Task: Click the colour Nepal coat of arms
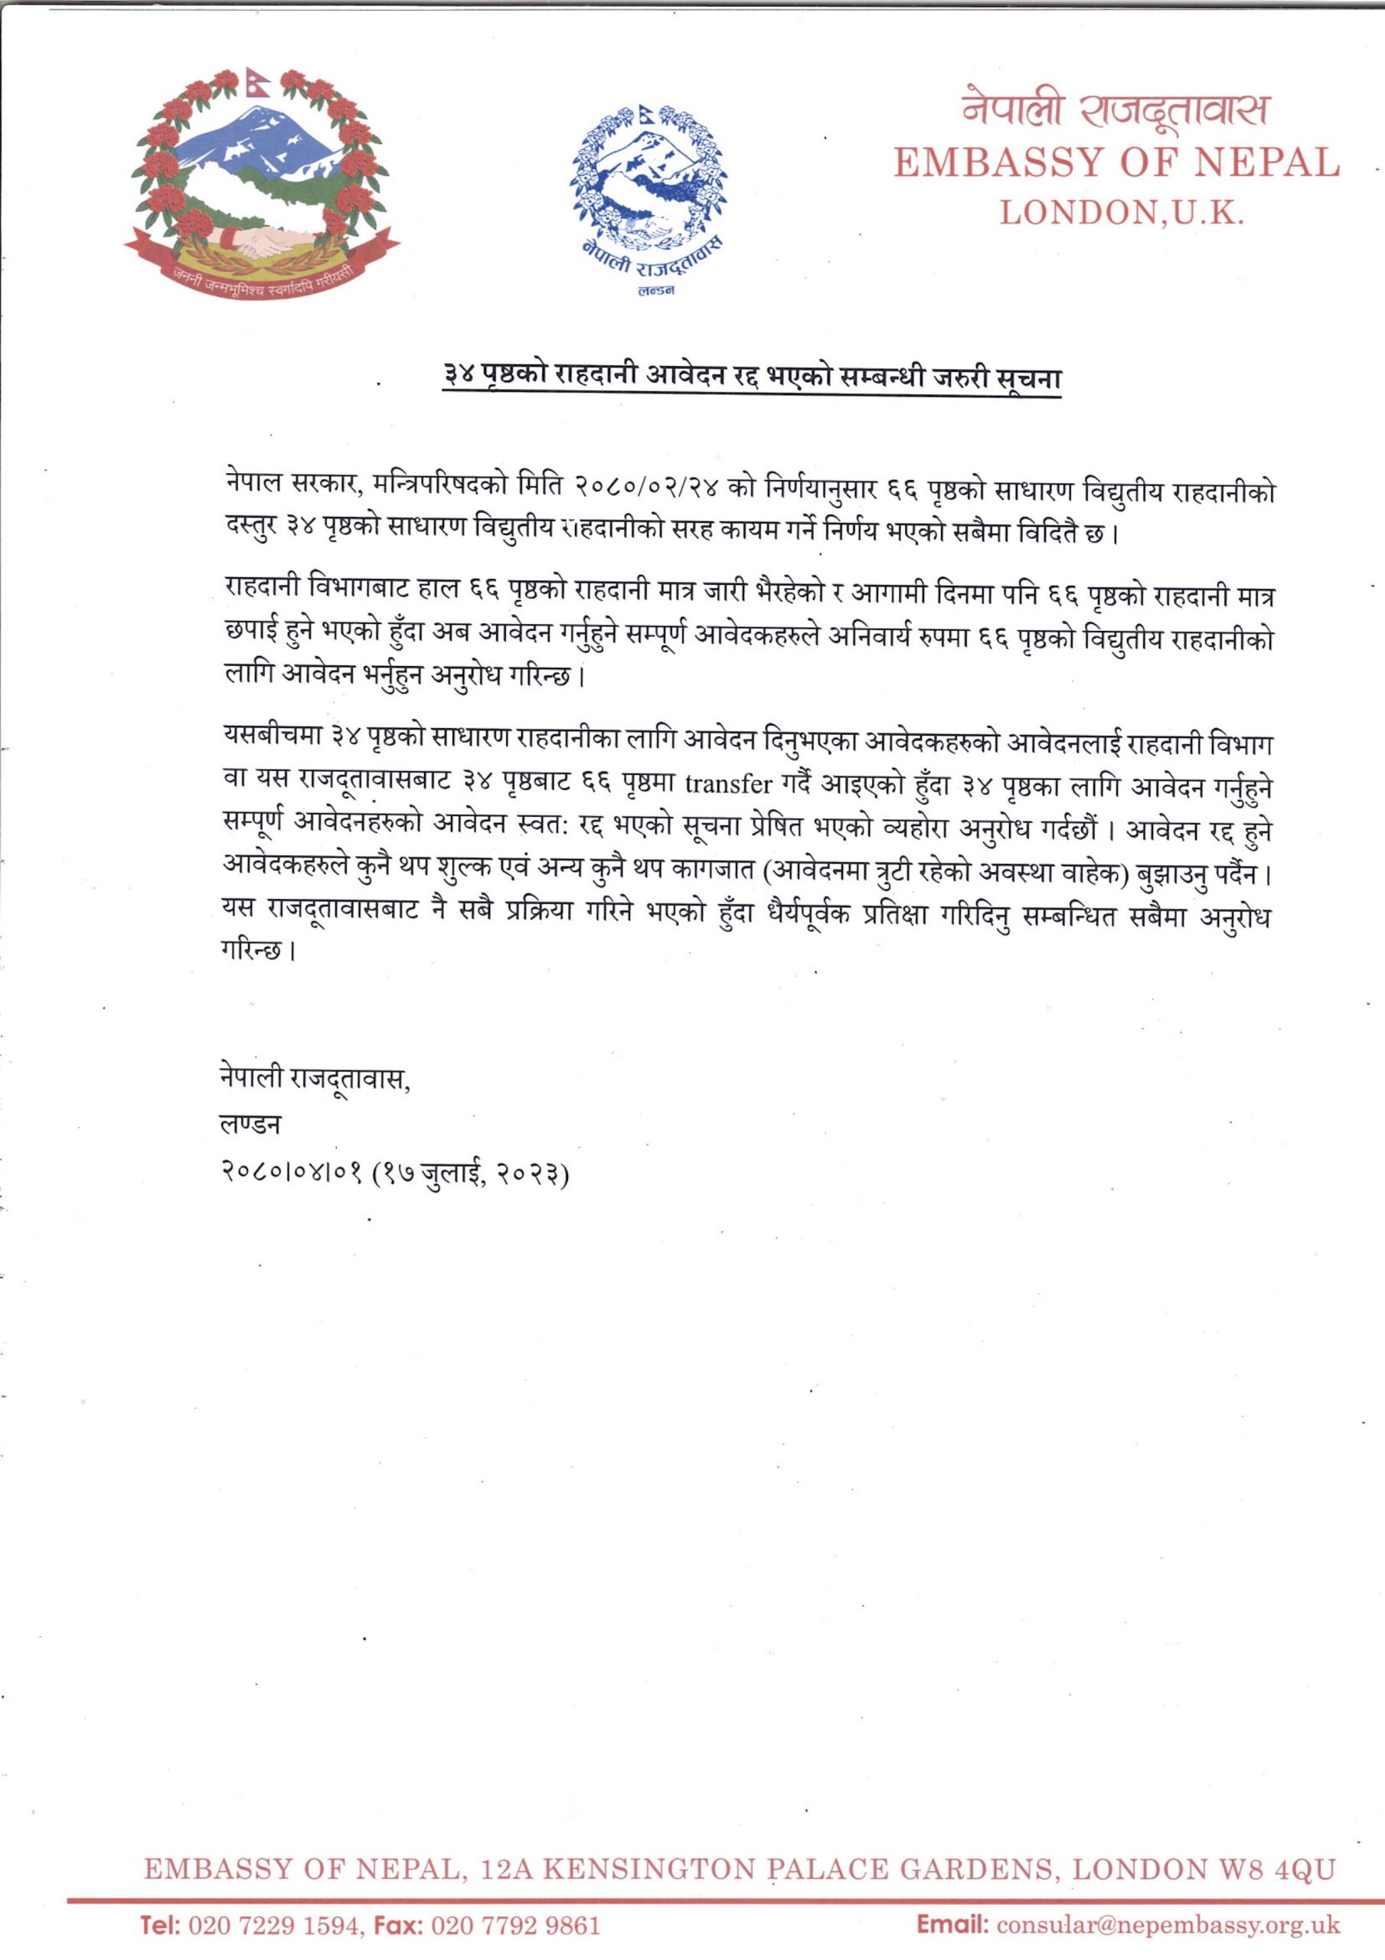[x=262, y=185]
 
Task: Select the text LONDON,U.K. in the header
[x=1121, y=213]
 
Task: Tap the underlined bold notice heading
[x=751, y=376]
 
